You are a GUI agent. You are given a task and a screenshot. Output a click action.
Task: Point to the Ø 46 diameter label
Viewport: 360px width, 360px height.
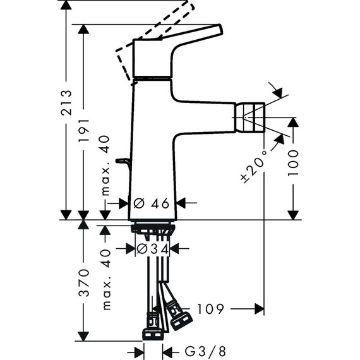tap(152, 203)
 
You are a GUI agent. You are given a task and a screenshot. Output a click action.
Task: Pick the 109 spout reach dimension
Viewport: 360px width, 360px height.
tap(210, 309)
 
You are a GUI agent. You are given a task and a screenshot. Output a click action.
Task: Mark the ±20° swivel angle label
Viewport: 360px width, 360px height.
tap(251, 165)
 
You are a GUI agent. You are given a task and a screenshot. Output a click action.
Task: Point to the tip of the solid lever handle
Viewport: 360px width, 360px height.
tap(219, 29)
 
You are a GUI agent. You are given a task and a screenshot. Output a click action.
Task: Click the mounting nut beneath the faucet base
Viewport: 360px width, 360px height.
tap(152, 228)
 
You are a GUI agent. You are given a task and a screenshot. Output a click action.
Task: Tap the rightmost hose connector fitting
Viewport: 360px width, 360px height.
tap(181, 318)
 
